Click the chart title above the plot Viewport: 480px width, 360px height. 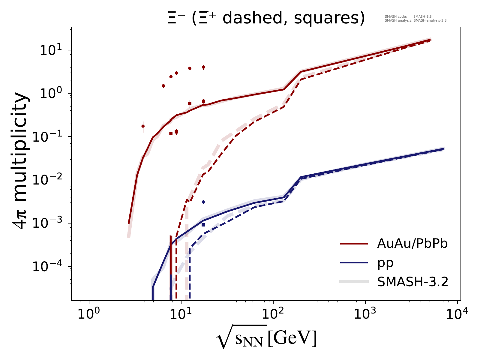[x=266, y=18]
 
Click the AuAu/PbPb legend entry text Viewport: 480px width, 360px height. [x=412, y=244]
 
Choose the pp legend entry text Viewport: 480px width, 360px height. [x=385, y=263]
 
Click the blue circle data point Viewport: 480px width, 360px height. [x=203, y=202]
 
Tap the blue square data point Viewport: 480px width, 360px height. [x=203, y=225]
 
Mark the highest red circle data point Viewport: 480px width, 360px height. [x=203, y=67]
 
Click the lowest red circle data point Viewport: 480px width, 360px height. [x=143, y=126]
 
